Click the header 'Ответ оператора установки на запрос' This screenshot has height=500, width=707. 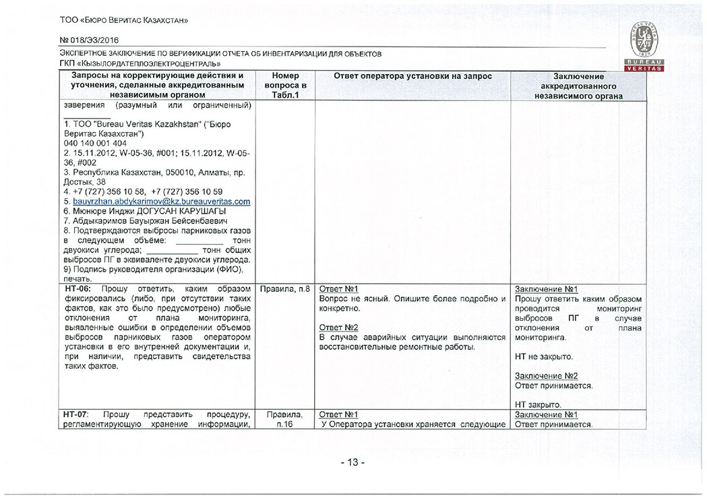(413, 76)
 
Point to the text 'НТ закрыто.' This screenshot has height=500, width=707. (537, 404)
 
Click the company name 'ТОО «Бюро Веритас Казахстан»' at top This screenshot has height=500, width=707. (123, 21)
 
